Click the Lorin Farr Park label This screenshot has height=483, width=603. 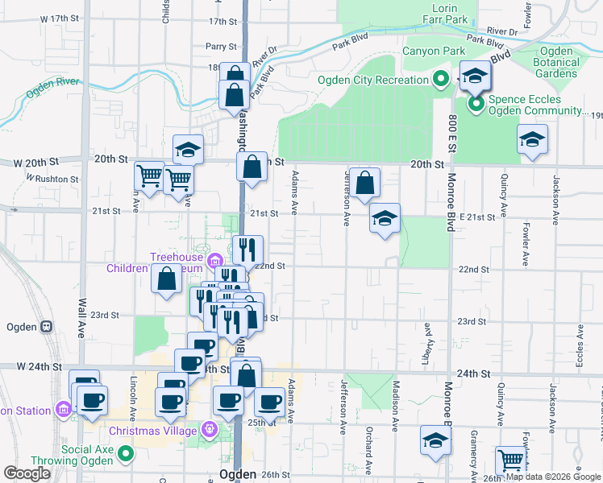coord(444,13)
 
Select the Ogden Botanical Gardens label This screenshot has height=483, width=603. coord(555,62)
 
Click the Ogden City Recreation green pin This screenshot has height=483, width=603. coord(440,80)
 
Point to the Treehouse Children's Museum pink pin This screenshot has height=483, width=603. coord(214,260)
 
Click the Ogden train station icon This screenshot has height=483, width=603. coord(47,328)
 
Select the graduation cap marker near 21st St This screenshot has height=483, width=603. coord(385,217)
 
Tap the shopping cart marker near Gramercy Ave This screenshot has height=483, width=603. coord(510,460)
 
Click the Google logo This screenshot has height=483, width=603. coord(27,473)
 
